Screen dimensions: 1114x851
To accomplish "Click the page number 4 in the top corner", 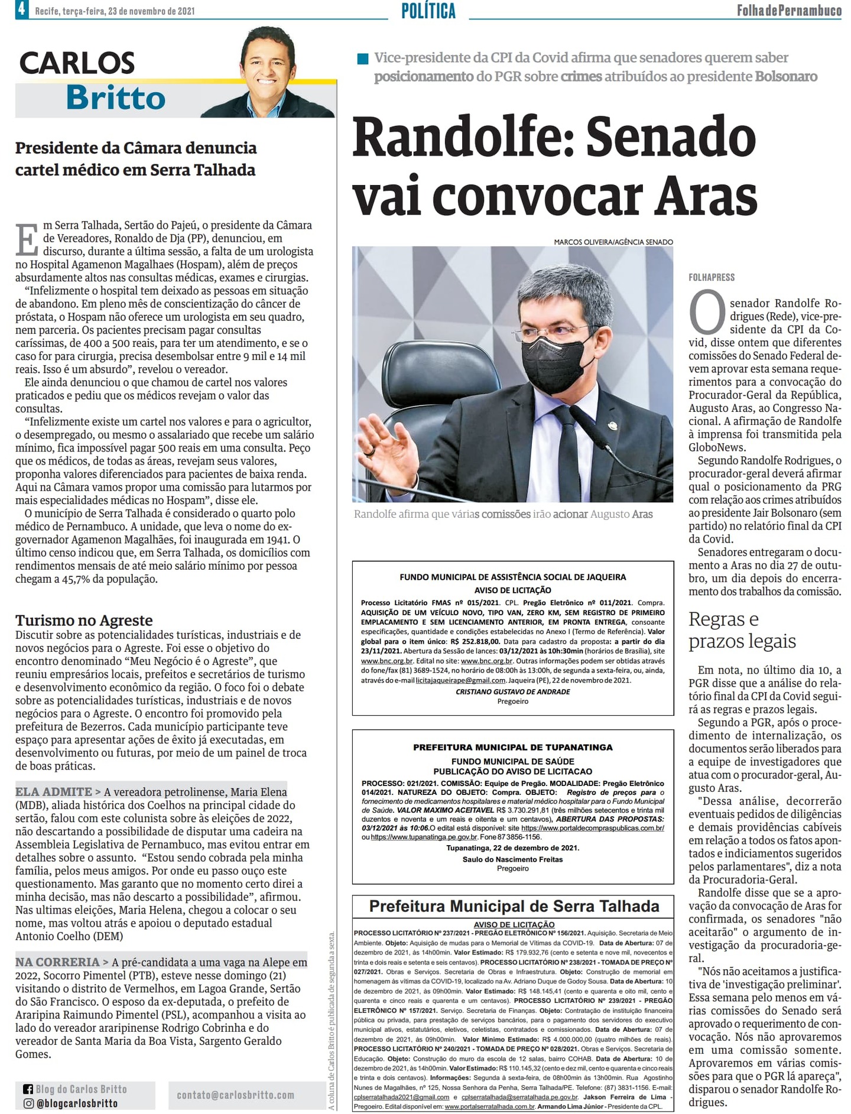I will click(x=21, y=9).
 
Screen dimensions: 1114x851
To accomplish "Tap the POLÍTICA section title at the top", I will click(x=428, y=11).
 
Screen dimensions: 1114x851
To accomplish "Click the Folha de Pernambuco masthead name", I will click(x=788, y=10).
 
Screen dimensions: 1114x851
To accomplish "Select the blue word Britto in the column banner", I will click(x=116, y=98).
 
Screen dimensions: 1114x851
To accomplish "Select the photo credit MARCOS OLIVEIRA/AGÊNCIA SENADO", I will click(x=613, y=242).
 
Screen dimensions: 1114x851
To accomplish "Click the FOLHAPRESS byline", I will click(x=712, y=277).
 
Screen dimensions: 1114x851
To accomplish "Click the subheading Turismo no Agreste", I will click(x=84, y=620).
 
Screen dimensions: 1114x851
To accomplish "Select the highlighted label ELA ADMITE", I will click(x=54, y=791).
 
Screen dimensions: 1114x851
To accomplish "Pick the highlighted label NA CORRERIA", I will click(x=57, y=962).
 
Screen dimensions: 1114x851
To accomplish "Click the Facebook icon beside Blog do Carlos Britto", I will click(x=28, y=1089).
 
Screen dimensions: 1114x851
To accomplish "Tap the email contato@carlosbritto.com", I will click(x=235, y=1095).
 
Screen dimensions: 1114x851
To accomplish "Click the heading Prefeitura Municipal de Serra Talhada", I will click(x=514, y=906).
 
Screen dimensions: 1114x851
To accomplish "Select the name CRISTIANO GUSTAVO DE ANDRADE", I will click(x=512, y=691).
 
